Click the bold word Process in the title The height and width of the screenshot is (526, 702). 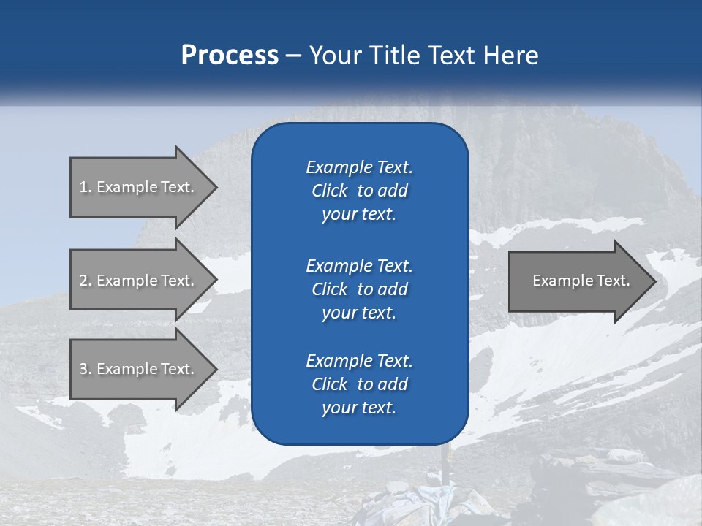[229, 56]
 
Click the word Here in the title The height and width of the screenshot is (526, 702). [511, 56]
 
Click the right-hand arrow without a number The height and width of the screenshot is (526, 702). [578, 281]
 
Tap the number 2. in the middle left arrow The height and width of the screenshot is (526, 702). [85, 281]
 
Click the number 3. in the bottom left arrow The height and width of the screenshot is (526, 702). [85, 369]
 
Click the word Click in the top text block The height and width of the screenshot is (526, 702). [329, 191]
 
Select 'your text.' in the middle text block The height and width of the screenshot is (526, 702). [359, 313]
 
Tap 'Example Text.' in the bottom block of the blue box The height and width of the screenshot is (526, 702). [359, 361]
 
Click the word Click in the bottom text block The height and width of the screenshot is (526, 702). [329, 384]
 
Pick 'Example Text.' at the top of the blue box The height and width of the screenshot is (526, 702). [359, 167]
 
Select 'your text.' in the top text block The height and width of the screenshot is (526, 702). [359, 215]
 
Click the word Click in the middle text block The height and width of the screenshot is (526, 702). [329, 289]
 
